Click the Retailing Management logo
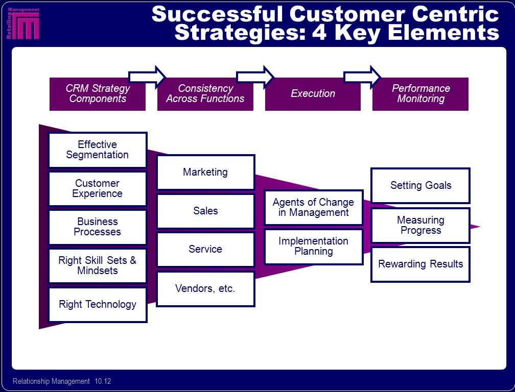23,23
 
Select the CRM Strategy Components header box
98,94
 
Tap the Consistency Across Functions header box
205,94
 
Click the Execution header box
313,94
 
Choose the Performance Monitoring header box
420,94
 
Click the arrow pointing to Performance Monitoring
362,77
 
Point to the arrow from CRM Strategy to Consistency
147,77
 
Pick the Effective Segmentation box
98,150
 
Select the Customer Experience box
98,189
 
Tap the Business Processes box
98,227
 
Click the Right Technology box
98,305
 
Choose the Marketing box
205,172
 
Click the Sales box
205,211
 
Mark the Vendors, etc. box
205,289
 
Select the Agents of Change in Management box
314,207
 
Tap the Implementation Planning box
314,247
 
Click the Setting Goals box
420,186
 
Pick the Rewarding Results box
420,264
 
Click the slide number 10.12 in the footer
103,381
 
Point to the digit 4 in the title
319,32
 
